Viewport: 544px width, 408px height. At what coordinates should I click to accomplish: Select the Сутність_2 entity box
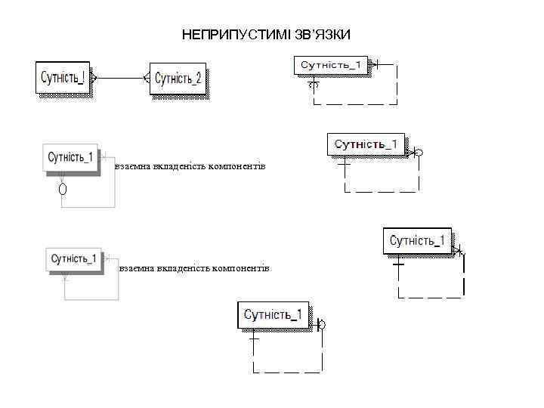pyautogui.click(x=178, y=79)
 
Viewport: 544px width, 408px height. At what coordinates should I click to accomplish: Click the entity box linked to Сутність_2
pyautogui.click(x=62, y=78)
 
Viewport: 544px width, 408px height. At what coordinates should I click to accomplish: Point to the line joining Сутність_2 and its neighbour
pyautogui.click(x=120, y=77)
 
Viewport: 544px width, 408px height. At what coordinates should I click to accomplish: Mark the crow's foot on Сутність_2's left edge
pyautogui.click(x=147, y=77)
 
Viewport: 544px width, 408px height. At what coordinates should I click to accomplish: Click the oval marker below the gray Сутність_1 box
pyautogui.click(x=63, y=187)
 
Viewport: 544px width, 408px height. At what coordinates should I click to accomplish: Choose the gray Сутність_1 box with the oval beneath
pyautogui.click(x=71, y=158)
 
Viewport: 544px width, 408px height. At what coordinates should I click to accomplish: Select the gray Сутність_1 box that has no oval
pyautogui.click(x=73, y=258)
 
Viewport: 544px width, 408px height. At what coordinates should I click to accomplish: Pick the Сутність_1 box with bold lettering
pyautogui.click(x=366, y=144)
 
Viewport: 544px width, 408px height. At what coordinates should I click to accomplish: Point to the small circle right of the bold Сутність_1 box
pyautogui.click(x=419, y=153)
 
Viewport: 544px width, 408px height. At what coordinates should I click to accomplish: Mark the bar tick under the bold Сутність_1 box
pyautogui.click(x=344, y=162)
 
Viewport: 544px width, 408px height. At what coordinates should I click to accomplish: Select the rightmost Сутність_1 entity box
pyautogui.click(x=417, y=241)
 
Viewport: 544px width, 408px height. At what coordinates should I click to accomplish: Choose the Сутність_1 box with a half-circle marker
pyautogui.click(x=275, y=314)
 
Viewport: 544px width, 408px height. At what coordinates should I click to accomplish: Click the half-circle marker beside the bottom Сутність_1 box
pyautogui.click(x=323, y=325)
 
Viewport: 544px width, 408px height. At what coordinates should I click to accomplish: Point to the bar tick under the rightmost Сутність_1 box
pyautogui.click(x=398, y=264)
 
